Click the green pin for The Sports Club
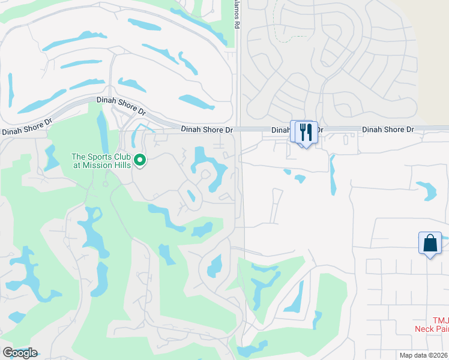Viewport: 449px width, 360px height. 140,160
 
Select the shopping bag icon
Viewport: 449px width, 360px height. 430,243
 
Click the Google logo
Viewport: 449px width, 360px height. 20,353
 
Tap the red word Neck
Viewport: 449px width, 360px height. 424,328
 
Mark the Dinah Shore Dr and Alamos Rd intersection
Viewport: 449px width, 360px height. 238,130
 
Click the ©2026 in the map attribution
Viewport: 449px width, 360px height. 437,355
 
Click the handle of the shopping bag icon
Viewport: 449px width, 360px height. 430,238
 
